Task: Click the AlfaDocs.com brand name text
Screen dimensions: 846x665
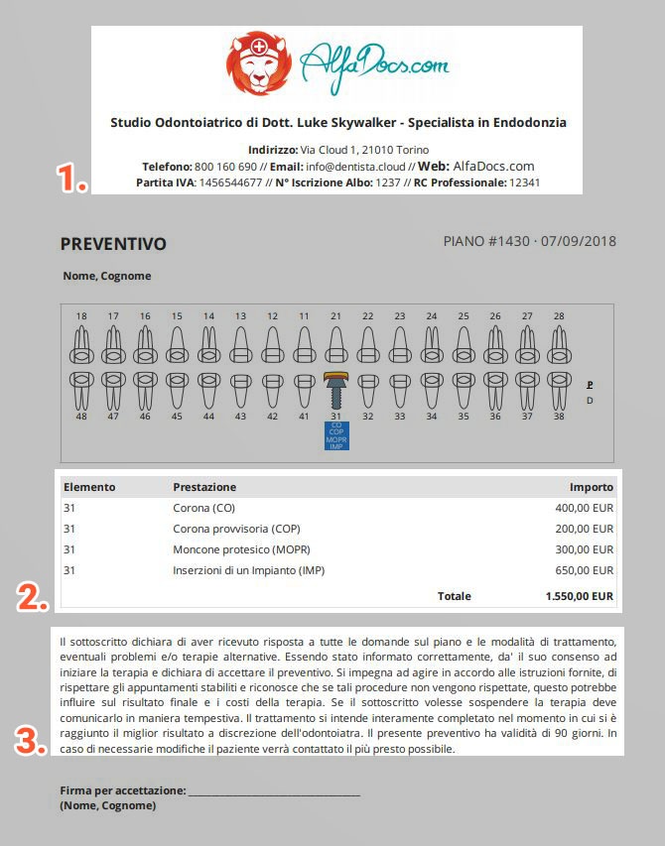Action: point(374,67)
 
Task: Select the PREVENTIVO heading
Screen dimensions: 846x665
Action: point(113,244)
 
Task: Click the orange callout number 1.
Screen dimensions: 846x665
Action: point(72,180)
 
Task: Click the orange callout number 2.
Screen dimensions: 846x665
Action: point(33,597)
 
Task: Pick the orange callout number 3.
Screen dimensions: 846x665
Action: point(32,741)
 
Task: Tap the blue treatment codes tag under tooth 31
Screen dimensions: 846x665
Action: point(335,435)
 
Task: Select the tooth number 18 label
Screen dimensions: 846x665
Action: point(81,316)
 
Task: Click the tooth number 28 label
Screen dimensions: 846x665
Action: point(559,316)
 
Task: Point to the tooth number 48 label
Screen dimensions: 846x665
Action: point(81,417)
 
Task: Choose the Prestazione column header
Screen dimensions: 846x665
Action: point(204,487)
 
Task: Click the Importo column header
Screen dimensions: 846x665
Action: point(591,487)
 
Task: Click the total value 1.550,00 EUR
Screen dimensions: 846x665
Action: point(579,596)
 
